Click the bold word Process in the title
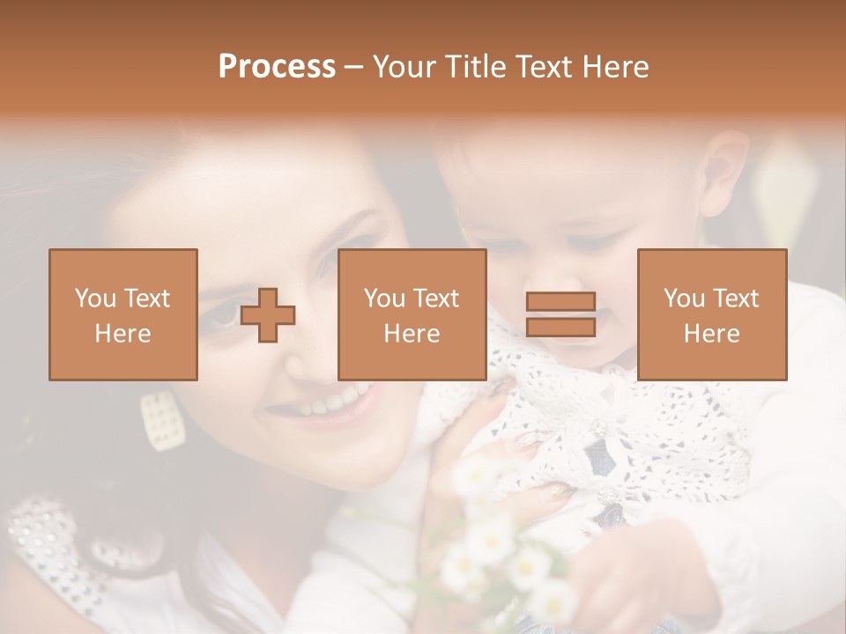[x=277, y=67]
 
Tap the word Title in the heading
[x=479, y=67]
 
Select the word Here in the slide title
[x=613, y=67]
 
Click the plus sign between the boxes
[x=268, y=315]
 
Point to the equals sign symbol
[x=560, y=314]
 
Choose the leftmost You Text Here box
[x=122, y=314]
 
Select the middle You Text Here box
[x=412, y=314]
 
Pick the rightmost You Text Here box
[x=711, y=314]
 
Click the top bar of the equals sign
[x=560, y=302]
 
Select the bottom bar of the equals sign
[x=560, y=327]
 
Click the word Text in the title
[x=548, y=67]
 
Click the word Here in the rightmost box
[x=711, y=334]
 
